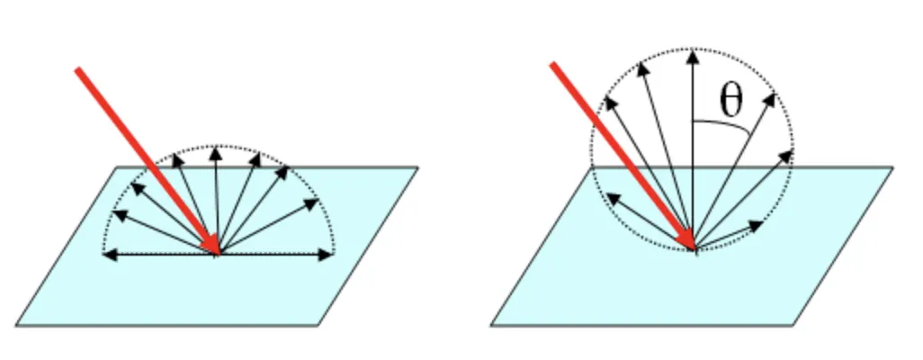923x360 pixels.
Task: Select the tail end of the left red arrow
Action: tap(79, 69)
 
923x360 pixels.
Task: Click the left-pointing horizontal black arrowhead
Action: tap(109, 256)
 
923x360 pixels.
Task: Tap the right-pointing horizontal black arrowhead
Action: tap(326, 256)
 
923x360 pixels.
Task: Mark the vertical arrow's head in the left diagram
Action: tap(216, 152)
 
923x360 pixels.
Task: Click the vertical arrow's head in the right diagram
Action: tap(692, 55)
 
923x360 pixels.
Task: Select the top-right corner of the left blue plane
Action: tap(418, 167)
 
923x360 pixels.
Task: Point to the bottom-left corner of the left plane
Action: tap(16, 326)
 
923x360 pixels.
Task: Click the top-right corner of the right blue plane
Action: tap(892, 167)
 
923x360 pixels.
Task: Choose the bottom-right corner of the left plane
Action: tap(318, 326)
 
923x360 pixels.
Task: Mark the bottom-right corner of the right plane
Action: tap(793, 326)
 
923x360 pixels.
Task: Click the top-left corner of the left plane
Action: tap(117, 167)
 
